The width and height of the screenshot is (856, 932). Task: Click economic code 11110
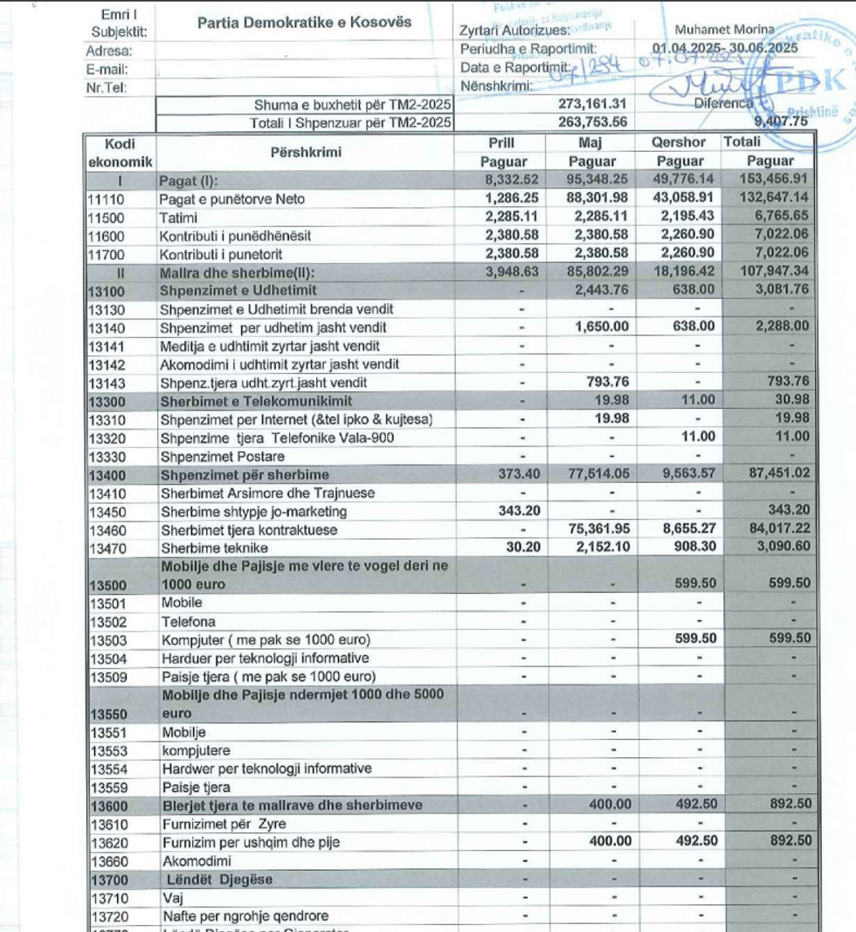(x=105, y=199)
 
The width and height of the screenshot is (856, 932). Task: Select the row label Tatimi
(x=177, y=217)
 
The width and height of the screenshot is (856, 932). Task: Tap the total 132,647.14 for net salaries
(x=770, y=199)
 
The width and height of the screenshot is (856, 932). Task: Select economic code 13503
(x=105, y=639)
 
